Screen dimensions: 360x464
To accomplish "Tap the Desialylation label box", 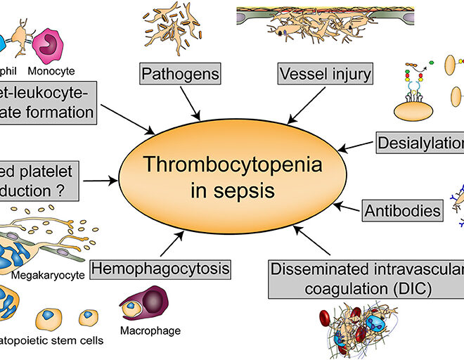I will point(419,143).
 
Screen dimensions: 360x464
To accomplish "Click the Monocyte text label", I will point(51,71).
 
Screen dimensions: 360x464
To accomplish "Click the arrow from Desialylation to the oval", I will point(356,146).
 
